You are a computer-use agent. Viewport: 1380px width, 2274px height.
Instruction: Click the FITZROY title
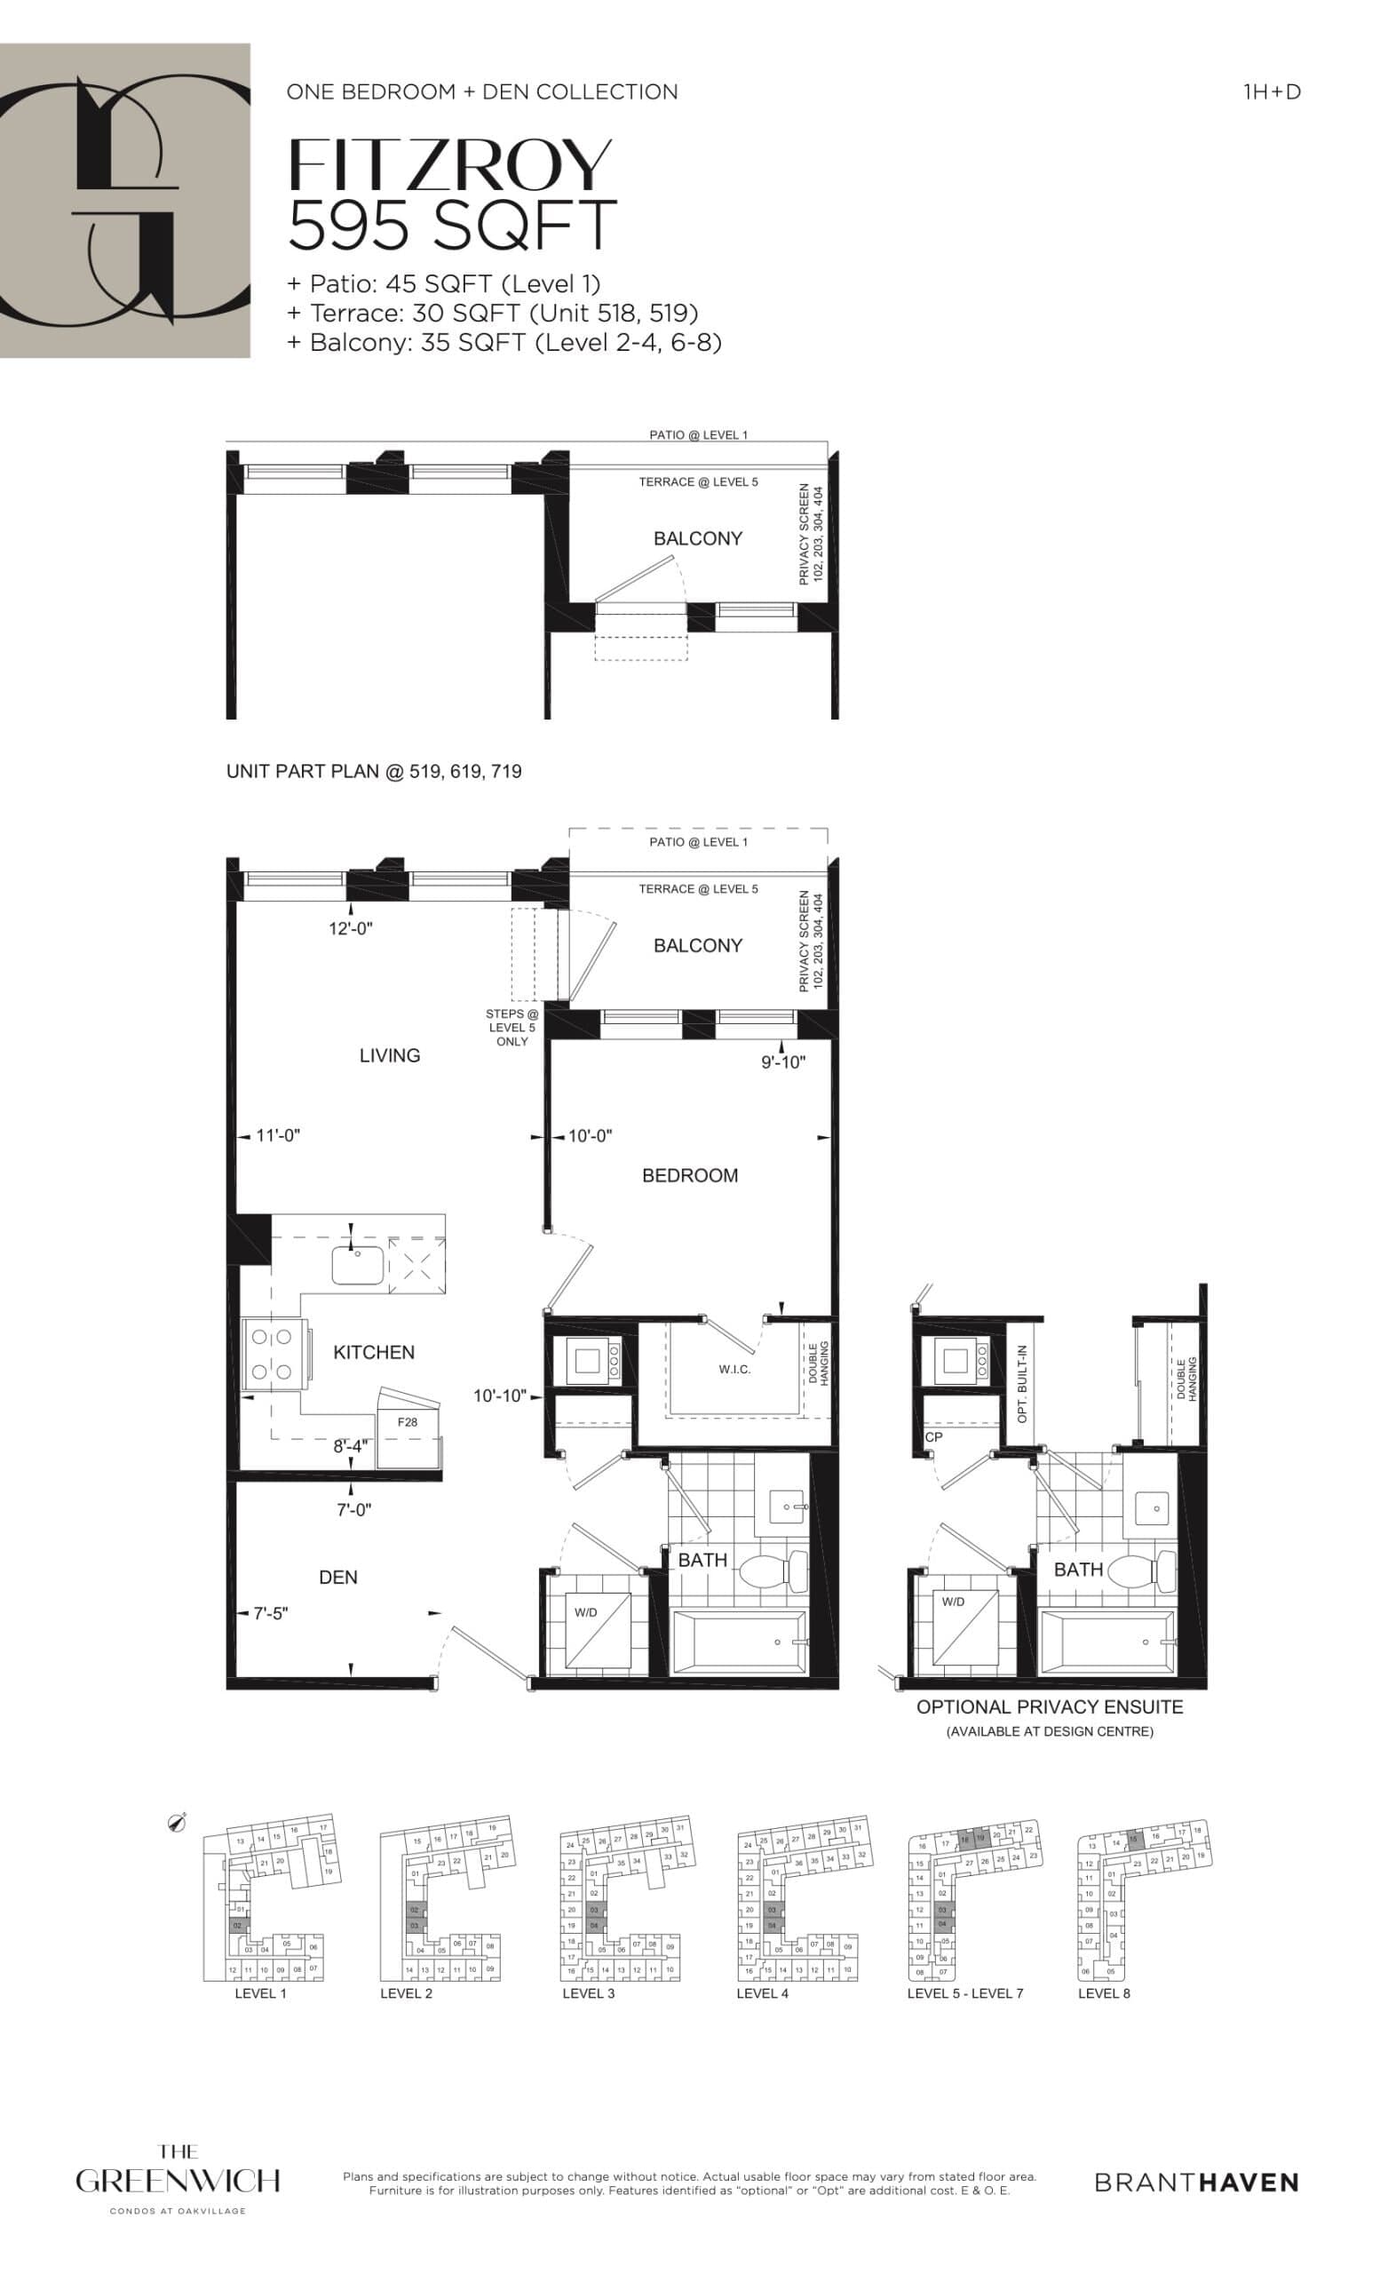449,166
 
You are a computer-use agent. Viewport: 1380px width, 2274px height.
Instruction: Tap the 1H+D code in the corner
1271,91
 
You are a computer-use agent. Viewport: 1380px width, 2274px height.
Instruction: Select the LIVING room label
389,1055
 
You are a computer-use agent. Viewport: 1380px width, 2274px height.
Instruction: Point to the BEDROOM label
689,1175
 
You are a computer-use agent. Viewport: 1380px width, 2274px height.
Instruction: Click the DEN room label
337,1578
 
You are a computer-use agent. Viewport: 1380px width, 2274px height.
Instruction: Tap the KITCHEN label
374,1352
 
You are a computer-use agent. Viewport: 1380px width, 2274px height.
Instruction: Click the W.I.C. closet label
734,1370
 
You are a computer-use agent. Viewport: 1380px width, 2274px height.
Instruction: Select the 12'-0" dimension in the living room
351,928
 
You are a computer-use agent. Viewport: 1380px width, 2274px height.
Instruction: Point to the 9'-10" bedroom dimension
782,1062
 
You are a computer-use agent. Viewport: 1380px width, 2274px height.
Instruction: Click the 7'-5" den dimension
270,1613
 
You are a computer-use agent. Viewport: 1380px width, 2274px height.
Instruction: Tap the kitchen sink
358,1264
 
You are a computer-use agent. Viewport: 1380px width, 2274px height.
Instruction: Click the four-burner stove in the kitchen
271,1354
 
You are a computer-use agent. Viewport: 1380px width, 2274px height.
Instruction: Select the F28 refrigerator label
407,1422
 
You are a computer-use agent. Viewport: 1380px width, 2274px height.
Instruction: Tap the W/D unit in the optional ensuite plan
963,1628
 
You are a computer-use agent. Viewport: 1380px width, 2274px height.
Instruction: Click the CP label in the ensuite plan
933,1437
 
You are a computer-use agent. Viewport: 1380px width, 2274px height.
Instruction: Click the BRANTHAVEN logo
1196,2182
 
